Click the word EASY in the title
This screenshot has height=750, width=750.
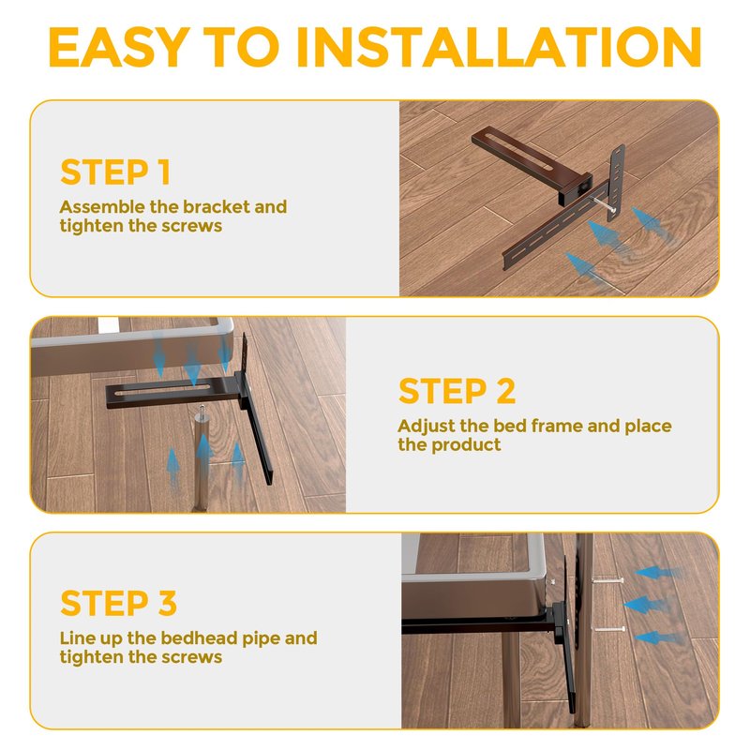(120, 47)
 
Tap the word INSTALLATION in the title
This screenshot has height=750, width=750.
(499, 47)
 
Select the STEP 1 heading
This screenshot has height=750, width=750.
(115, 172)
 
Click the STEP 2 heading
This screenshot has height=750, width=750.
(457, 391)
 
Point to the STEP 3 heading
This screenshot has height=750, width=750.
(119, 603)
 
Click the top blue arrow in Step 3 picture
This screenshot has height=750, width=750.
(657, 573)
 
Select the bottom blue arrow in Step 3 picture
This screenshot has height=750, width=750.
(659, 637)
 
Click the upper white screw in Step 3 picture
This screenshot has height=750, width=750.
(607, 581)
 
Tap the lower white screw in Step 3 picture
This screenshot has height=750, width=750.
(608, 629)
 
